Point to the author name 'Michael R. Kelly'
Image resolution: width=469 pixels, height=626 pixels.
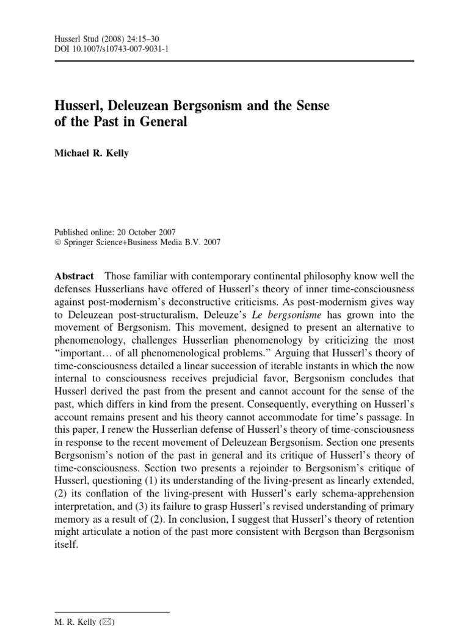tap(92, 153)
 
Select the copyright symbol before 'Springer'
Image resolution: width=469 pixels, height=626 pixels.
tap(58, 242)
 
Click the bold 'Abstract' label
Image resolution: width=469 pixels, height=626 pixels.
tap(74, 276)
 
